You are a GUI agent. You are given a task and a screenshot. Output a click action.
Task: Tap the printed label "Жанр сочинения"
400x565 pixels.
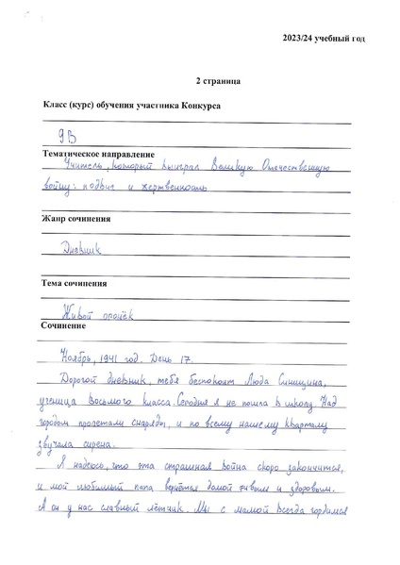(x=76, y=218)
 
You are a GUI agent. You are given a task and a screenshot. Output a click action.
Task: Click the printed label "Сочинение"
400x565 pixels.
(x=60, y=325)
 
